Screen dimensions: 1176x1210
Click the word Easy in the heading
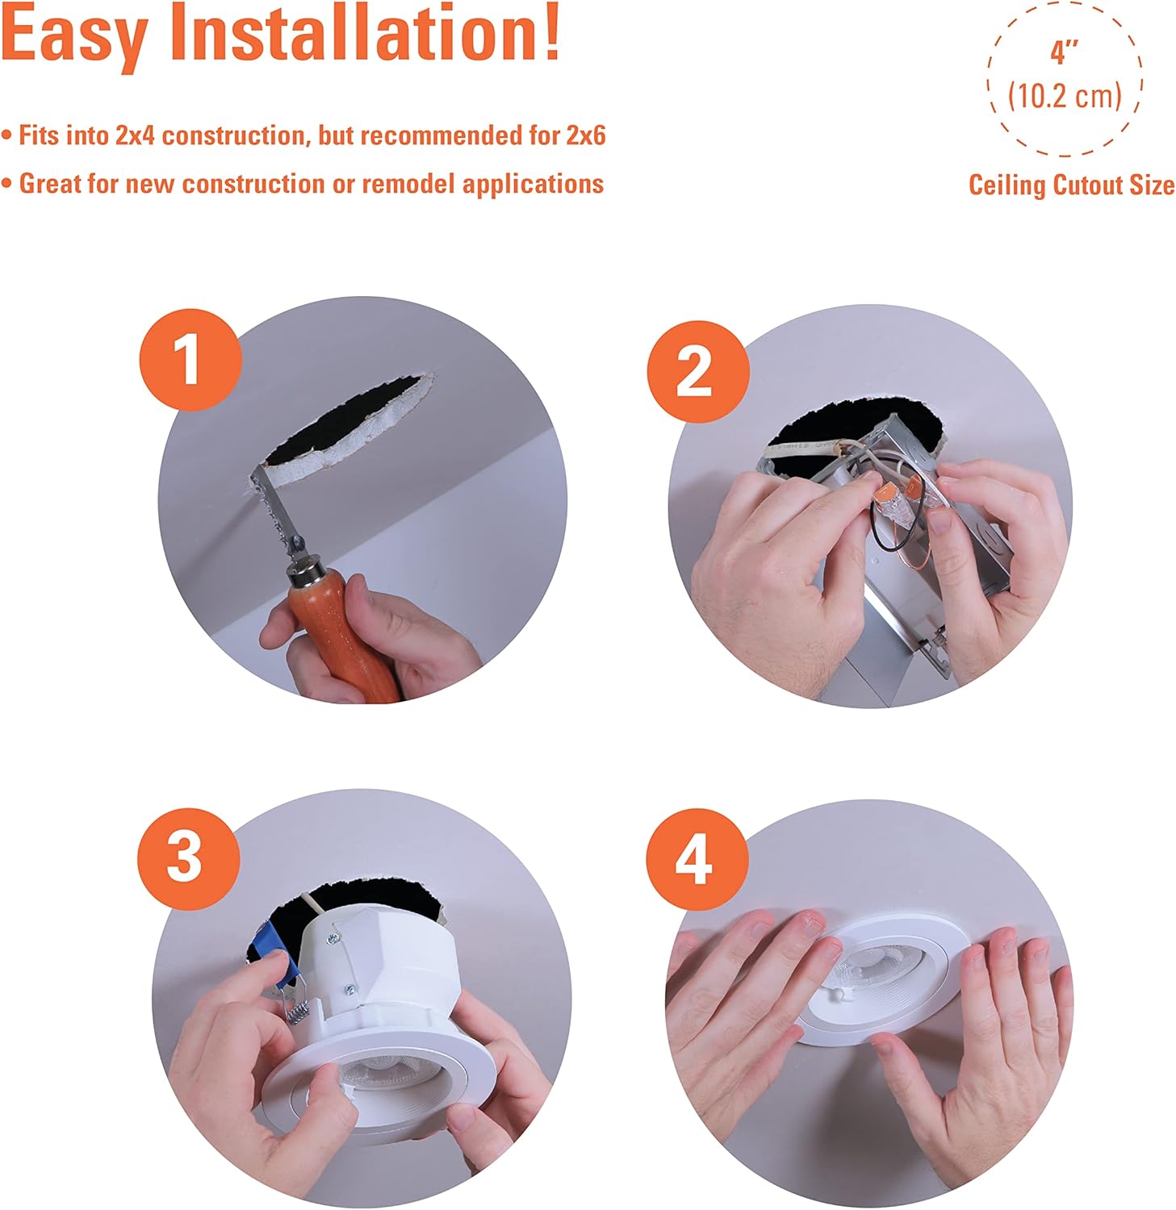click(74, 35)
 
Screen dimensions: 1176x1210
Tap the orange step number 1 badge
click(190, 361)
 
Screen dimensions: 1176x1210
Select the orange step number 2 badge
click(698, 371)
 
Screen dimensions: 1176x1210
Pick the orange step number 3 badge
click(188, 857)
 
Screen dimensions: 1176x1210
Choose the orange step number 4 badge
click(695, 859)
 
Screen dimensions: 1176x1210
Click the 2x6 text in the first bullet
click(585, 135)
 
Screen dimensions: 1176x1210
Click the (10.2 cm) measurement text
click(1065, 96)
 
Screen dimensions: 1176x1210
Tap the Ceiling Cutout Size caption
click(1072, 185)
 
